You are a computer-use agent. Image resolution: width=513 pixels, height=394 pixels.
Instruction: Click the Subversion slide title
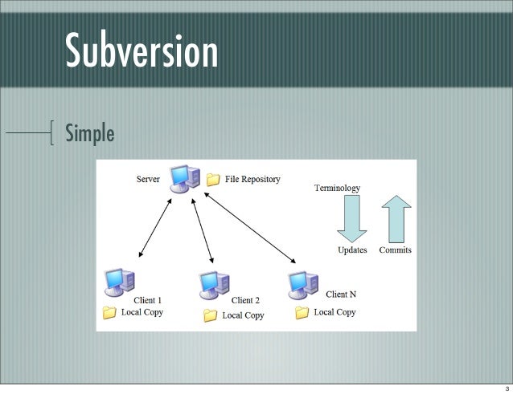142,51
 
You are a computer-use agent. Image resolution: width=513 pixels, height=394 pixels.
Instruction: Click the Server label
147,179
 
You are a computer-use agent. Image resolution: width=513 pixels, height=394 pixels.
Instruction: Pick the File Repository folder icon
213,180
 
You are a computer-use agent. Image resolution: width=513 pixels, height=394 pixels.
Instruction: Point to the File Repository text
252,179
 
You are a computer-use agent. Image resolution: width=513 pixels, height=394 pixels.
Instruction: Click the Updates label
352,250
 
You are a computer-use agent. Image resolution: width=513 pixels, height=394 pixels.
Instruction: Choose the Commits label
395,250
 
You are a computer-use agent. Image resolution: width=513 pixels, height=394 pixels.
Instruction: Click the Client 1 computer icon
119,282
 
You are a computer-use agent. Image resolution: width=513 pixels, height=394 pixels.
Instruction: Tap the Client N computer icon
302,282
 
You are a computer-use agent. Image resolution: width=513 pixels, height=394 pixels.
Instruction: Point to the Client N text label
341,294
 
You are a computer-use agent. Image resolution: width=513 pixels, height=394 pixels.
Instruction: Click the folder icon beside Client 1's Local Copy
109,312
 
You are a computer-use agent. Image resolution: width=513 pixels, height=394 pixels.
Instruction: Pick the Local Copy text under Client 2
243,315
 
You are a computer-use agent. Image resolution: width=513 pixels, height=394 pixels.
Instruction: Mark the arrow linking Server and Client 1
155,228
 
